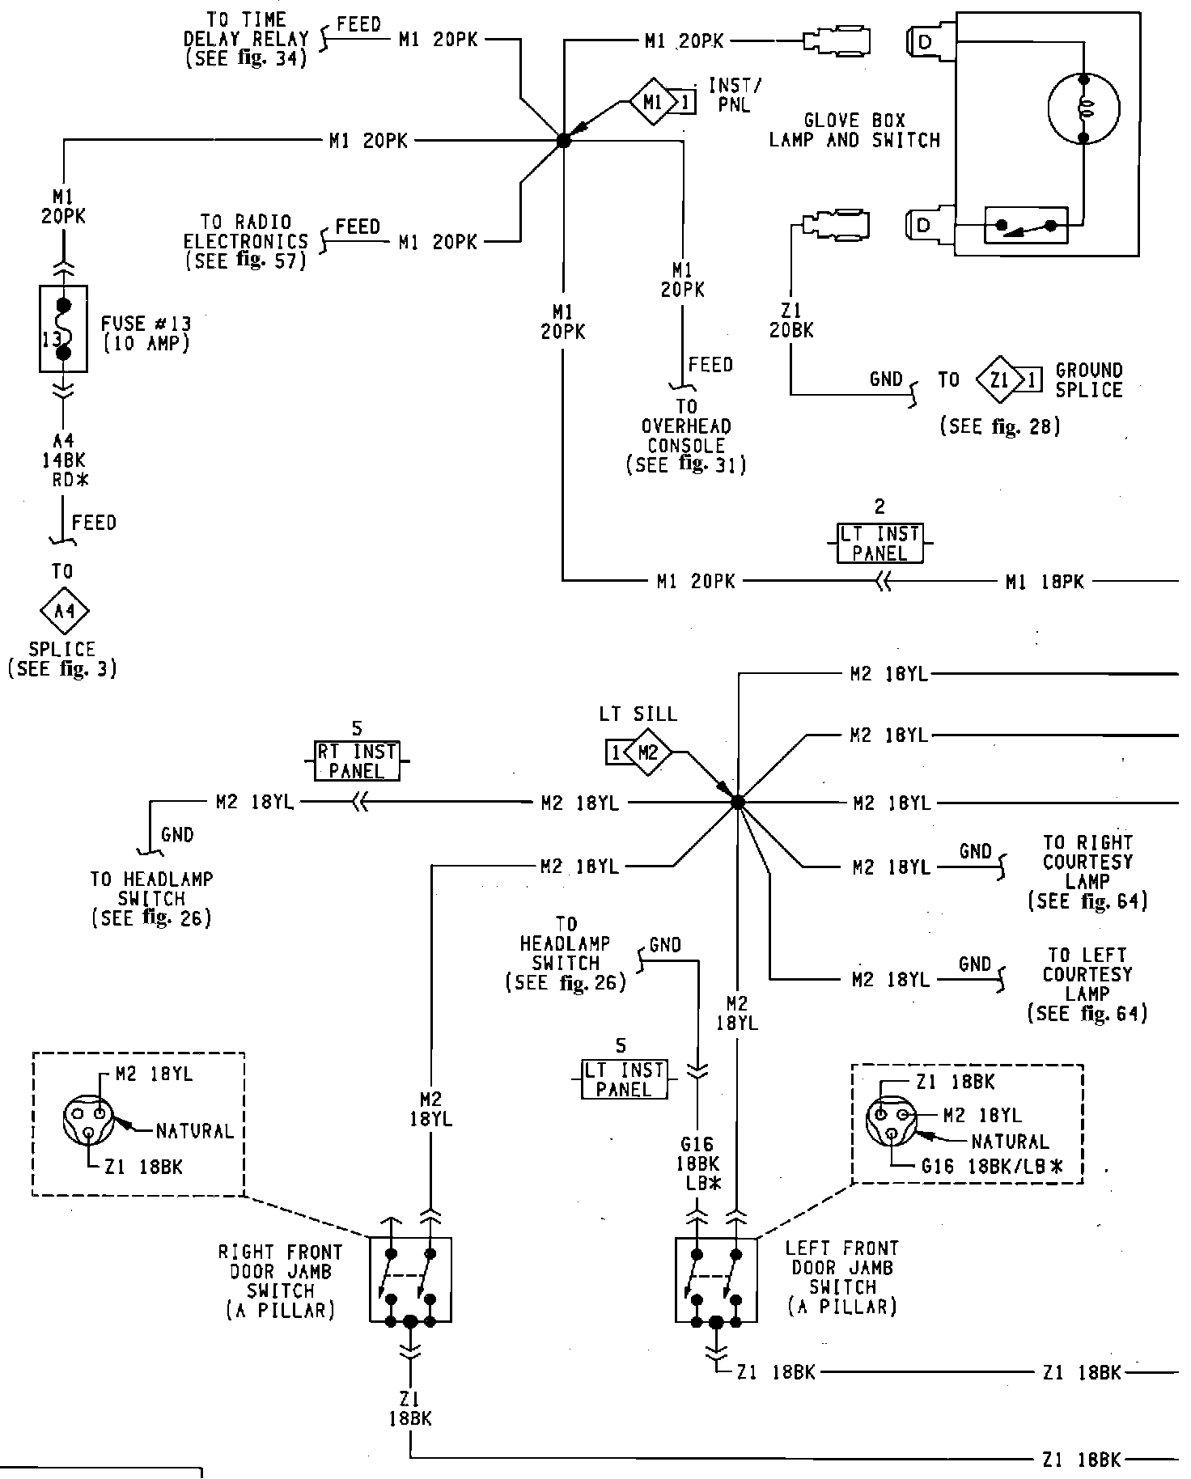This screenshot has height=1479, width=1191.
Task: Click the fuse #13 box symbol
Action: click(x=63, y=328)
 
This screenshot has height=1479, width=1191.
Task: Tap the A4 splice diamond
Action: click(x=63, y=612)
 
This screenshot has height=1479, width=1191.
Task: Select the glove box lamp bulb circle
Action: click(x=1083, y=108)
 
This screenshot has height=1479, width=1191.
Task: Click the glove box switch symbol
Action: click(x=1026, y=226)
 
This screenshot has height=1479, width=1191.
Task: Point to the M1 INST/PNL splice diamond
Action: click(x=653, y=103)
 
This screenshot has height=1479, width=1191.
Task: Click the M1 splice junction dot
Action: click(x=564, y=141)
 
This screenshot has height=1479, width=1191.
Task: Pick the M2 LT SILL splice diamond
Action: click(x=648, y=753)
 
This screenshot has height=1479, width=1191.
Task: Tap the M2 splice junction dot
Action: click(x=737, y=802)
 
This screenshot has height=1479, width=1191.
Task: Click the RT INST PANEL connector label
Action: click(x=357, y=761)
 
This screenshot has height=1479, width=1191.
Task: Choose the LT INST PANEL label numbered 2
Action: click(x=879, y=544)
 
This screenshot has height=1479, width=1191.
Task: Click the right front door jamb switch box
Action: click(x=410, y=1279)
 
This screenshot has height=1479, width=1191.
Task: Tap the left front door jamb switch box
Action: click(x=716, y=1279)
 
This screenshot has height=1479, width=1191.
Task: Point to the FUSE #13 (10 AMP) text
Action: click(x=146, y=333)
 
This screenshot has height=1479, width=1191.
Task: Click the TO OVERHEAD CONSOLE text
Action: click(x=686, y=435)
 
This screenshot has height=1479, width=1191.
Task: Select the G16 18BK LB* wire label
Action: click(x=697, y=1163)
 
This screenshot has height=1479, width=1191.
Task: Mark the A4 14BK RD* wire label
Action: click(x=64, y=460)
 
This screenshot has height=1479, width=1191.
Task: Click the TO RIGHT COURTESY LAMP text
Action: click(x=1087, y=872)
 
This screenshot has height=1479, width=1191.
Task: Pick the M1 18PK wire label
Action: click(x=1045, y=582)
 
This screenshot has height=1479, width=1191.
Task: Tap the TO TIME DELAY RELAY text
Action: click(x=246, y=39)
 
